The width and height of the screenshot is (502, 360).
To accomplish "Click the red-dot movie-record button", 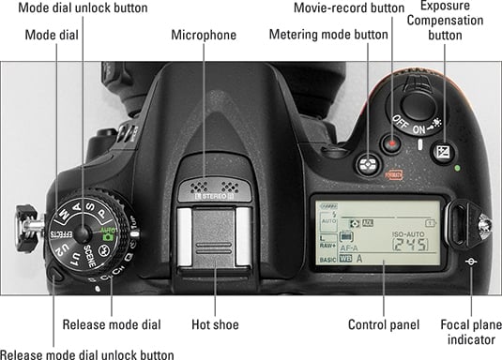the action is click(391, 143).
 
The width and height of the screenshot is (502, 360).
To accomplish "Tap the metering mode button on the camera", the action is click(368, 165).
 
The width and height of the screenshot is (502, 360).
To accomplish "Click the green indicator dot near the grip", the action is click(458, 168).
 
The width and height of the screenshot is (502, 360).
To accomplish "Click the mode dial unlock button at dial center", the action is click(83, 234).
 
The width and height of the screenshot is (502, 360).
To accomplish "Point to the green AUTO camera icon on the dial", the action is click(108, 234).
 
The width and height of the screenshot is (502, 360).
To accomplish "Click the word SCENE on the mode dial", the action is click(90, 256).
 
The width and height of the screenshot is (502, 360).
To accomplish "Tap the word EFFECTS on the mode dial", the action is click(61, 234).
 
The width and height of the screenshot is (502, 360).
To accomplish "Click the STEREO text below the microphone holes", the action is click(214, 196).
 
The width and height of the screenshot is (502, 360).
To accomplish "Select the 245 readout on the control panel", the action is click(410, 245).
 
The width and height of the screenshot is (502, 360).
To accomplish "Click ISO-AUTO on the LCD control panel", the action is click(408, 234).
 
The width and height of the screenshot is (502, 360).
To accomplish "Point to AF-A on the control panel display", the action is click(349, 248).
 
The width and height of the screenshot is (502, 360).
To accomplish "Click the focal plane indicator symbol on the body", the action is click(471, 262).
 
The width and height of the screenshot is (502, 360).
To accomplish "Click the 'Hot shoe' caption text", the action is click(215, 324).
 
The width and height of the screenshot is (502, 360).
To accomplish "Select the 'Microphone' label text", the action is click(204, 35).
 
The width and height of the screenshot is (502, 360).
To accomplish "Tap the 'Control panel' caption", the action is click(384, 324).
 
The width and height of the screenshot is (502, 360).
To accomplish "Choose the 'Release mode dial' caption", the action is click(112, 324).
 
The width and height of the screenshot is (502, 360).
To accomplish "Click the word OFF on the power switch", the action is click(400, 122).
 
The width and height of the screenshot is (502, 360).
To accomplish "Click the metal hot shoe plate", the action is click(214, 237).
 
